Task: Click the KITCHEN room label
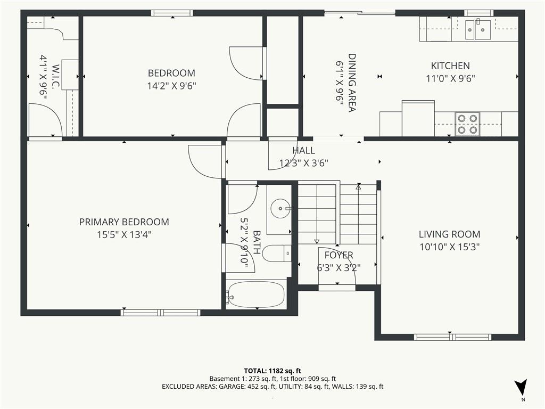pyautogui.click(x=450, y=66)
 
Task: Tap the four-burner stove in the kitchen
pyautogui.click(x=467, y=124)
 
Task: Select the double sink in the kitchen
pyautogui.click(x=478, y=30)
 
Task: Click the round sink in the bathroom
pyautogui.click(x=280, y=208)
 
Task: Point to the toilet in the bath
pyautogui.click(x=277, y=253)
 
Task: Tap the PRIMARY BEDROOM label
pyautogui.click(x=124, y=222)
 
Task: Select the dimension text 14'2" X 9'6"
pyautogui.click(x=172, y=86)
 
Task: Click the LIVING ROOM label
pyautogui.click(x=449, y=234)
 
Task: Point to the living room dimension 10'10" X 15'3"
pyautogui.click(x=449, y=247)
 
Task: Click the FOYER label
pyautogui.click(x=339, y=255)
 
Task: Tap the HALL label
pyautogui.click(x=304, y=150)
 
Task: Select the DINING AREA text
pyautogui.click(x=352, y=83)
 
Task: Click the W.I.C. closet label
pyautogui.click(x=56, y=77)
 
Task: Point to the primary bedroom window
pyautogui.click(x=161, y=312)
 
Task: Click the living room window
pyautogui.click(x=452, y=337)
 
